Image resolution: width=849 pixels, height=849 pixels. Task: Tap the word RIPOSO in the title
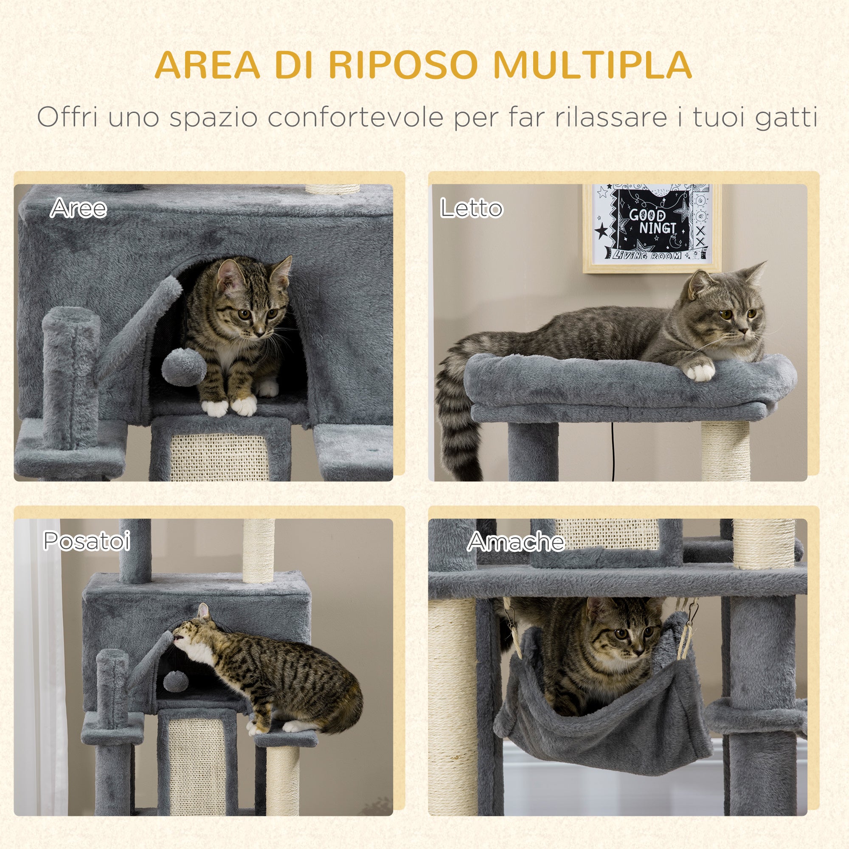click(x=403, y=65)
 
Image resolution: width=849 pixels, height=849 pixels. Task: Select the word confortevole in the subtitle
click(x=355, y=117)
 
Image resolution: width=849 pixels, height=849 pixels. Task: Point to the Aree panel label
click(x=78, y=208)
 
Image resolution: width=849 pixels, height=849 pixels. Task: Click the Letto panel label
click(x=471, y=208)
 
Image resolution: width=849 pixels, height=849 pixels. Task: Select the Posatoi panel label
click(x=87, y=540)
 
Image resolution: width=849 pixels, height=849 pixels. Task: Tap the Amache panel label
click(x=516, y=541)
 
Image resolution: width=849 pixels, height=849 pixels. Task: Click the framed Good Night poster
click(x=652, y=228)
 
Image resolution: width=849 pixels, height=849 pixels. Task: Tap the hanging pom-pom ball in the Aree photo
click(x=184, y=366)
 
